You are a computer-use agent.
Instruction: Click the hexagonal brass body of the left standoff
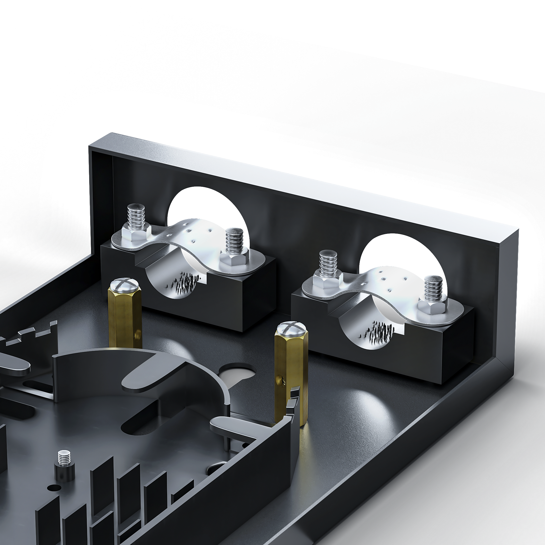pyautogui.click(x=124, y=319)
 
